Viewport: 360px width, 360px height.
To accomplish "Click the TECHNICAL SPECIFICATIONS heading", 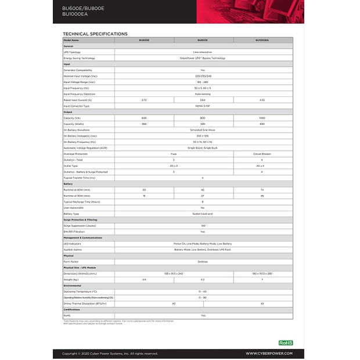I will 95,34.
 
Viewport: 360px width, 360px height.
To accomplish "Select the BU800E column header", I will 203,40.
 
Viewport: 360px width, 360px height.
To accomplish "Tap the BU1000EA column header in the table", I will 262,40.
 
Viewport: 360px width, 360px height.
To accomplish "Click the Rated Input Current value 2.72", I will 144,100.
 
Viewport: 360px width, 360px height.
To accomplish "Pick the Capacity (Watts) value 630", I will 262,124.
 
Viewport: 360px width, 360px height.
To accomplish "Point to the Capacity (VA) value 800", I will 203,118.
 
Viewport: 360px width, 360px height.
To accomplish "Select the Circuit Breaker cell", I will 262,154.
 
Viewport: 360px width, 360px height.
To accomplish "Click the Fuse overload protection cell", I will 174,154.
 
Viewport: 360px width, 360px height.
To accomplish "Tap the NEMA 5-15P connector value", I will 203,106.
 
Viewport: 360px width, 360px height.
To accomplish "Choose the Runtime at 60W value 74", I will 262,190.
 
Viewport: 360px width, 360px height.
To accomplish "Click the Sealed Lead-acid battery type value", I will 203,214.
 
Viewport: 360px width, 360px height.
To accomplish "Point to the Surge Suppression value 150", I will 203,225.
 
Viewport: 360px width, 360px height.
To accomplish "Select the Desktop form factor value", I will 203,261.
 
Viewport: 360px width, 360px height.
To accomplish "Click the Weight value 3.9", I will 144,279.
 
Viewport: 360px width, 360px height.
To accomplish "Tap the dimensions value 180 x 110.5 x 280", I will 262,273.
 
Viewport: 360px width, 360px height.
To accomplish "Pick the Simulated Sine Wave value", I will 203,130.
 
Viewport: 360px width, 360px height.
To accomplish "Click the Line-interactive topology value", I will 203,52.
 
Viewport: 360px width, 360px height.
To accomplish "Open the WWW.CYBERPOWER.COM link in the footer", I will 269,353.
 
